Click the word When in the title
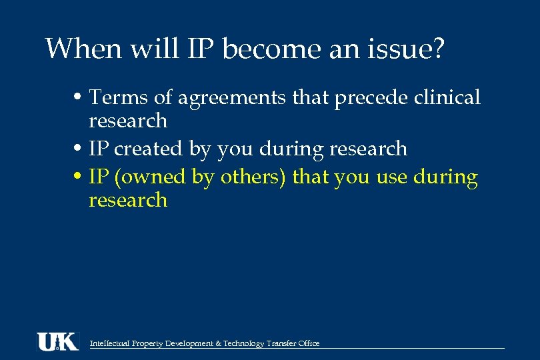point(75,49)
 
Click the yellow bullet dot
point(79,178)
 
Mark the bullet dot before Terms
point(79,98)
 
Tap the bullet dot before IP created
point(79,149)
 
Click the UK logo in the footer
point(57,341)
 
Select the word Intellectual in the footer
point(111,343)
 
